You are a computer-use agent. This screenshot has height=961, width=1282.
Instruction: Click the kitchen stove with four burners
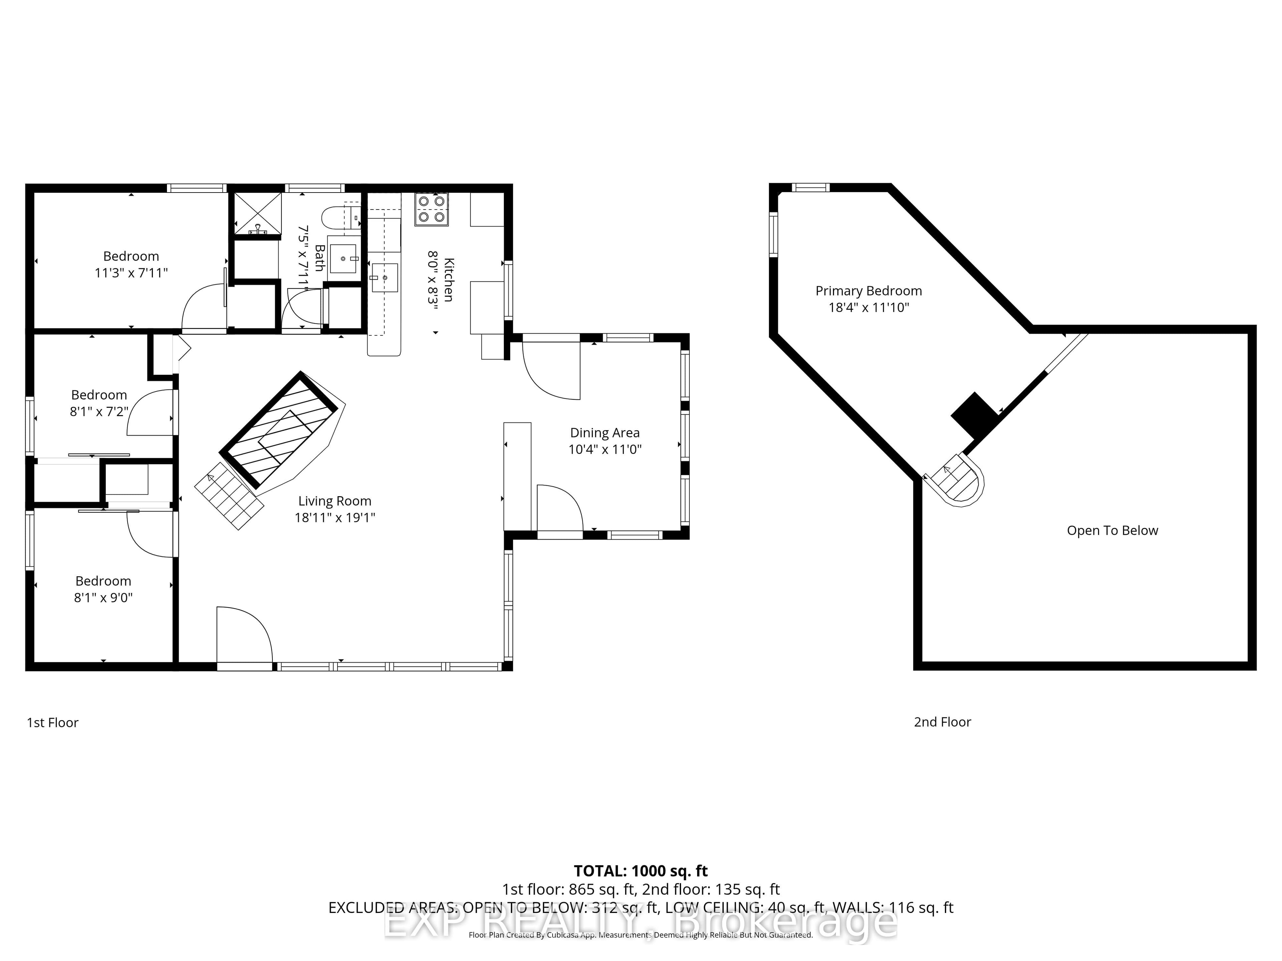click(432, 209)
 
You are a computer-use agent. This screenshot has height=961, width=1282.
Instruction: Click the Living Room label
click(335, 501)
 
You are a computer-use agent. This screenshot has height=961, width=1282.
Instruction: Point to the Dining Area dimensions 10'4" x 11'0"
click(605, 449)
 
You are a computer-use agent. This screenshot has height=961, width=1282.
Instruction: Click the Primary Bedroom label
click(869, 291)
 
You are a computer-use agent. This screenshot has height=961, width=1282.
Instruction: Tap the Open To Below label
click(1112, 531)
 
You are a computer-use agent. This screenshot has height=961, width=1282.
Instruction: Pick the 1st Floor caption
click(53, 722)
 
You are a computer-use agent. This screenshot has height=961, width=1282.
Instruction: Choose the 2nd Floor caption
click(942, 722)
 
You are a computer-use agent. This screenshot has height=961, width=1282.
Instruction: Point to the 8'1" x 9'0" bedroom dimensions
click(103, 597)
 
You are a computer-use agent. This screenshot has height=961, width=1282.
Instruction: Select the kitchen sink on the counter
click(384, 278)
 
